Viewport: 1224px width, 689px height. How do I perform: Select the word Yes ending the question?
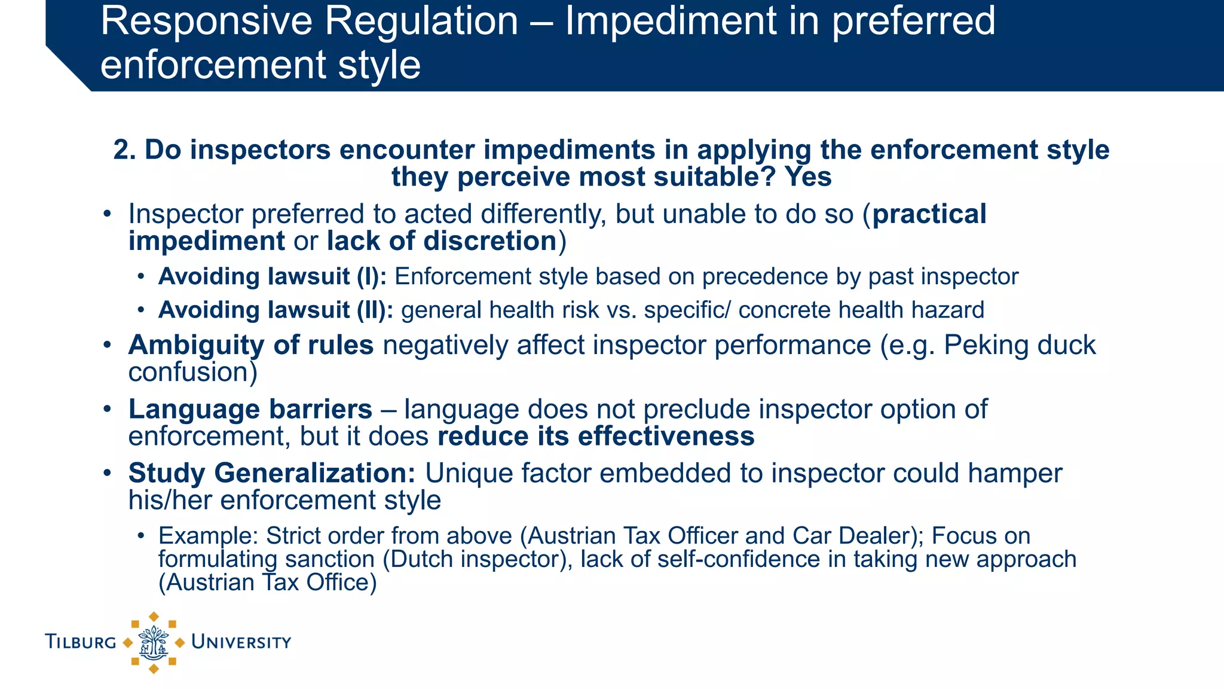[807, 177]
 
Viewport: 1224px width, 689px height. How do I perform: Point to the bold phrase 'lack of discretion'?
[442, 241]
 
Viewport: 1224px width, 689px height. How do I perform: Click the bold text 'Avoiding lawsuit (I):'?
[273, 277]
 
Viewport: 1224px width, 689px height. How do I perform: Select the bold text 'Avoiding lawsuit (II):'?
[276, 310]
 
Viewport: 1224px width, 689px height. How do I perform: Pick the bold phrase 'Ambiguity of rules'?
[251, 345]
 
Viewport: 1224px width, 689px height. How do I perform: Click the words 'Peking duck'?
[1020, 345]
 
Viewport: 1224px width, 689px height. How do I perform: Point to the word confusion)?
[193, 372]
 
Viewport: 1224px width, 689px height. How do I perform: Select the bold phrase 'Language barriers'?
[250, 410]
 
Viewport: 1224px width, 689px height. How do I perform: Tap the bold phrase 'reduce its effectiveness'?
[596, 437]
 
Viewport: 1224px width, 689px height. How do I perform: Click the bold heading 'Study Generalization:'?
[272, 473]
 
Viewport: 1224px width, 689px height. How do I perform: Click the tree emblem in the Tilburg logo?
[154, 642]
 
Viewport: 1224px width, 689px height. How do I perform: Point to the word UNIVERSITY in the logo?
[241, 642]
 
